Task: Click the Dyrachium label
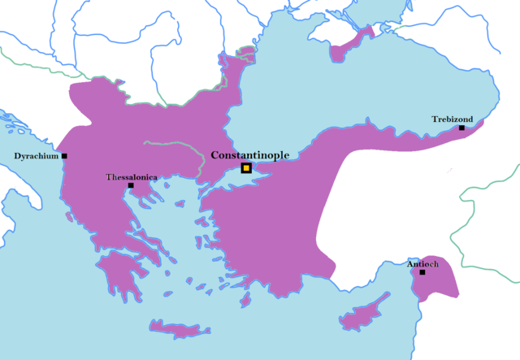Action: pyautogui.click(x=36, y=156)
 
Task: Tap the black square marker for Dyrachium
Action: pyautogui.click(x=64, y=156)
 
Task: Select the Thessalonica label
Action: pyautogui.click(x=132, y=176)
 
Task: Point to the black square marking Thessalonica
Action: pyautogui.click(x=131, y=186)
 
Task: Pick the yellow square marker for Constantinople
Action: pyautogui.click(x=246, y=168)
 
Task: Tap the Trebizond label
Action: pyautogui.click(x=452, y=119)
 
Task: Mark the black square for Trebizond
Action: pyautogui.click(x=461, y=128)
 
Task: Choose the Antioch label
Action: pyautogui.click(x=422, y=263)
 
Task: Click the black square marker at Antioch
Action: pyautogui.click(x=422, y=272)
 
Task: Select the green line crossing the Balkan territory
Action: pyautogui.click(x=175, y=145)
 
